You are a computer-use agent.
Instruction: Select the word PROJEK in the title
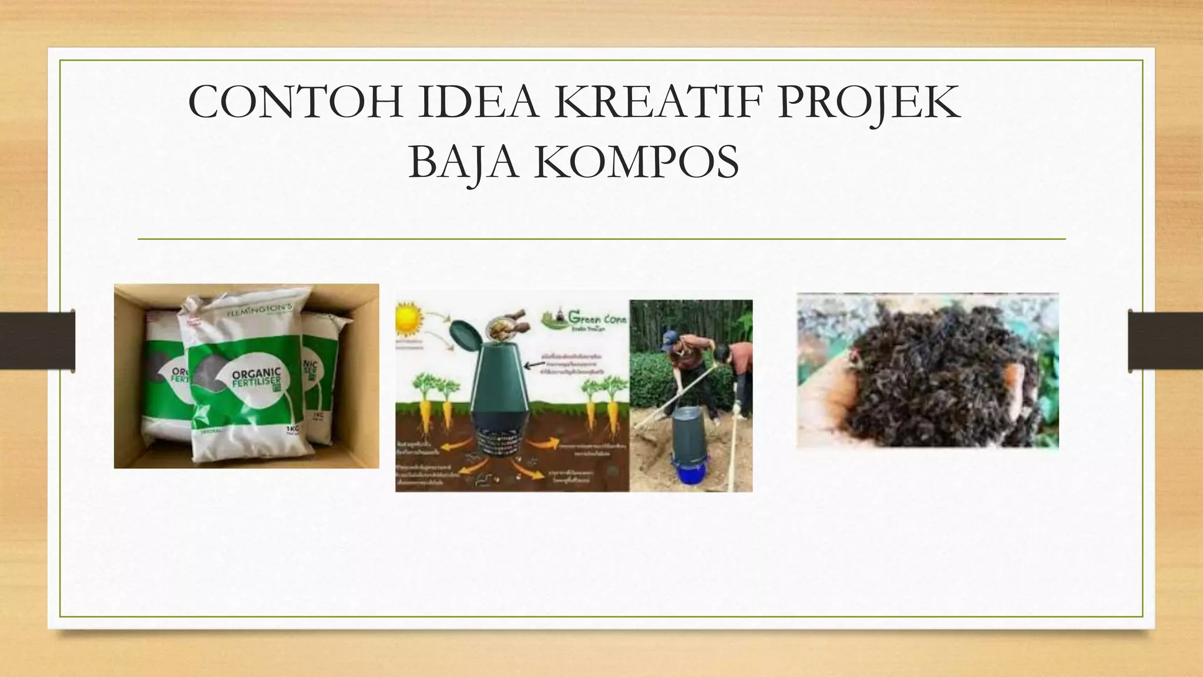tap(869, 103)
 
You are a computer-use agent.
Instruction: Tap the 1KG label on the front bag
tap(292, 429)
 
